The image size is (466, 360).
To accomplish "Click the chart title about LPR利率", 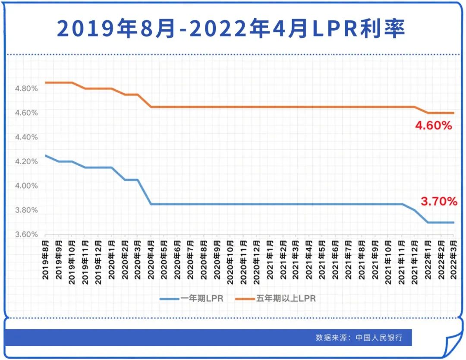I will (231, 29).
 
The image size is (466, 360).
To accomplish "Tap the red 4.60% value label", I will (433, 126).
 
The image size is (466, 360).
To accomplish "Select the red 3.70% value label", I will (438, 201).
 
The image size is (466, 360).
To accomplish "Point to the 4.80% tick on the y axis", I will (27, 89).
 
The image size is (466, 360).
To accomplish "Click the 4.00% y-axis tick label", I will (27, 186).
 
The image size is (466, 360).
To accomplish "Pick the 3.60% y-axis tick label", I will (27, 235).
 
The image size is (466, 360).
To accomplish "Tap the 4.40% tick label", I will (27, 138).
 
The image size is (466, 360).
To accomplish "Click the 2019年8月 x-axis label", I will (45, 261).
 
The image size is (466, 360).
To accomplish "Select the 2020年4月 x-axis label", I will (151, 261).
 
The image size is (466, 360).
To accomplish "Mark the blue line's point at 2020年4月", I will (151, 204).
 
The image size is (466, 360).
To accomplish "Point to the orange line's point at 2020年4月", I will (151, 107).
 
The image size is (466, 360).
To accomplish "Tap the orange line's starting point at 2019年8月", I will (46, 82).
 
